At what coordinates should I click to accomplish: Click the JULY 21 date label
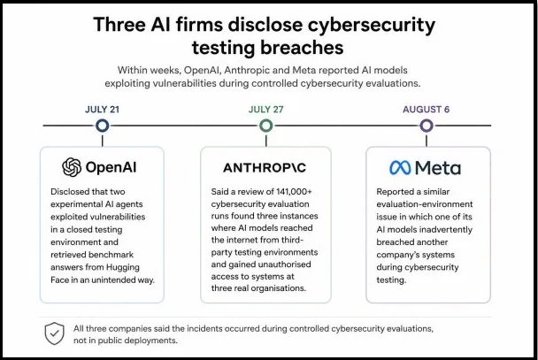pyautogui.click(x=102, y=110)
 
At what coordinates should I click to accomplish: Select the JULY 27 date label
pyautogui.click(x=266, y=110)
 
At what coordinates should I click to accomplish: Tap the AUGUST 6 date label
pyautogui.click(x=426, y=110)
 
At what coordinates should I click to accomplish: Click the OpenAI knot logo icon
pyautogui.click(x=72, y=167)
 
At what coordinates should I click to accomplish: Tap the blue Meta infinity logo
pyautogui.click(x=400, y=168)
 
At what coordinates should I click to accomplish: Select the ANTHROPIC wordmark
pyautogui.click(x=265, y=168)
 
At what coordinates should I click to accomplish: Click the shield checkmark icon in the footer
pyautogui.click(x=55, y=333)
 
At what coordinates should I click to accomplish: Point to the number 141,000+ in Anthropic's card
pyautogui.click(x=294, y=191)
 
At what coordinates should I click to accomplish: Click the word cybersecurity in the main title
pyautogui.click(x=372, y=26)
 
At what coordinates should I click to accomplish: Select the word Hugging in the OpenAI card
pyautogui.click(x=122, y=267)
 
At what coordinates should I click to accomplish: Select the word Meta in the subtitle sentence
pyautogui.click(x=304, y=70)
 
